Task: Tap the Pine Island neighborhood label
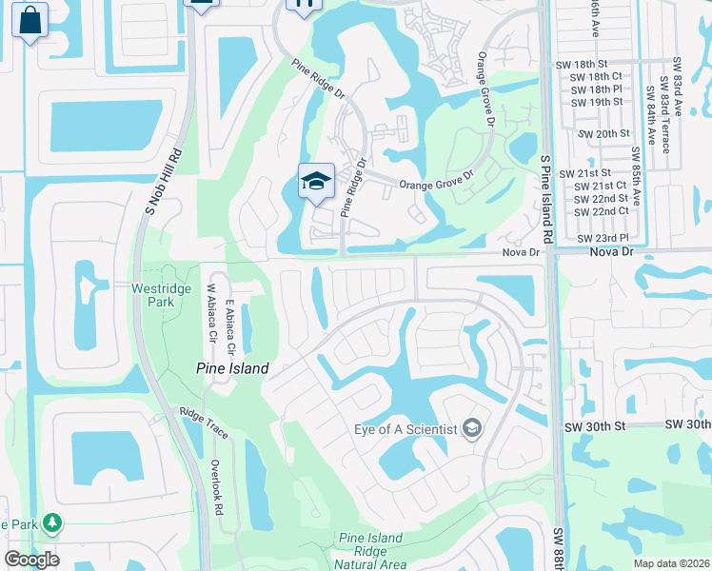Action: [x=232, y=368]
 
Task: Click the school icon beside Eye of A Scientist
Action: [x=471, y=429]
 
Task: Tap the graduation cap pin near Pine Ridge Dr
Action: [x=316, y=180]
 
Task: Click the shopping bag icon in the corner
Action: [x=30, y=20]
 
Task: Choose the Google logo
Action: [x=31, y=560]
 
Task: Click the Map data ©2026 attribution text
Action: [x=670, y=563]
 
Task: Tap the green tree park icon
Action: [x=52, y=523]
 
